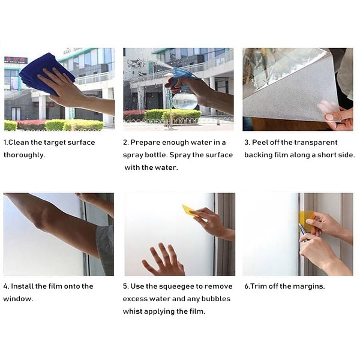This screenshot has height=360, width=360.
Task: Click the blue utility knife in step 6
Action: [x=303, y=232]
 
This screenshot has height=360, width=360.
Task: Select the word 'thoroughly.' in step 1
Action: [x=25, y=155]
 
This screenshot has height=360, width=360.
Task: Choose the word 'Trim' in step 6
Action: [x=258, y=286]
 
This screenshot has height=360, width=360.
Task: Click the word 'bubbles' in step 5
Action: [x=216, y=299]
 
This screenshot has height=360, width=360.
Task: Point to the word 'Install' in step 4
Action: [x=22, y=286]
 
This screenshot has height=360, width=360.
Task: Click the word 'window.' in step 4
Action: [x=18, y=299]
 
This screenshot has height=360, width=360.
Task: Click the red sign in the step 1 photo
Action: [x=16, y=60]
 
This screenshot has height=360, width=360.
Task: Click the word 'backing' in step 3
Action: [x=258, y=155]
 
